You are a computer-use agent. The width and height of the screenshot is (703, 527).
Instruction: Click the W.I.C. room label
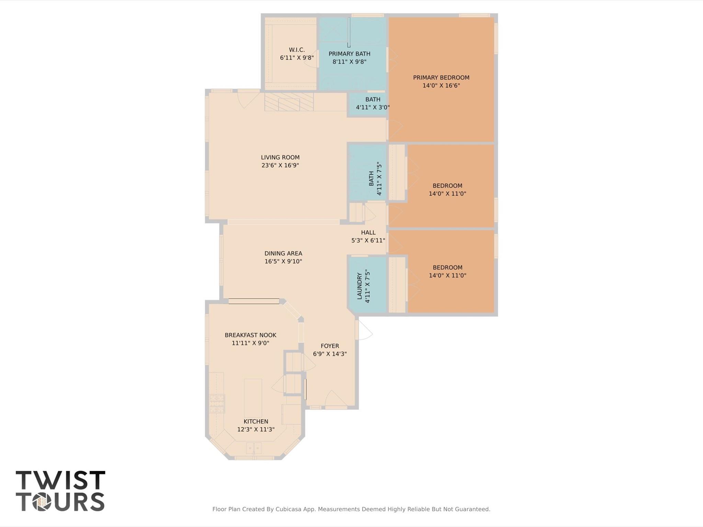click(297, 50)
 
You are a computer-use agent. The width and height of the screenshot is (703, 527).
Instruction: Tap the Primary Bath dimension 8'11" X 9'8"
click(349, 62)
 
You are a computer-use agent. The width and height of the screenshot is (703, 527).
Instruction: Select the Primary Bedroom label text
click(441, 78)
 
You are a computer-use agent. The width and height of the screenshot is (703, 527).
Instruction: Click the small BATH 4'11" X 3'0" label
click(373, 103)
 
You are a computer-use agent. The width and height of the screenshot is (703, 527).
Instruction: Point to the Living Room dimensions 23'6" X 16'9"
click(280, 165)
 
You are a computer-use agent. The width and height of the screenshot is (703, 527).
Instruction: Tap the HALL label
click(368, 232)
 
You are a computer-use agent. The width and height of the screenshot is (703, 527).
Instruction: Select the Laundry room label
click(360, 286)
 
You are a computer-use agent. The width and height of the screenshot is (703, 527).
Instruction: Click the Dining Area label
click(283, 253)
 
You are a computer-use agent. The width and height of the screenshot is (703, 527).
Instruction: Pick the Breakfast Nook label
click(250, 335)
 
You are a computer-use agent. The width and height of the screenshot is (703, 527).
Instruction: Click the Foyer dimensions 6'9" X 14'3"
click(330, 354)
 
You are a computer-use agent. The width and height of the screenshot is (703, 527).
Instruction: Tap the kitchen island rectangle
click(253, 398)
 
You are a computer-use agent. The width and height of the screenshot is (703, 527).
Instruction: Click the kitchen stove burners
click(217, 403)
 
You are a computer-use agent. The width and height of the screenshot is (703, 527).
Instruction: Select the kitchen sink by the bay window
click(254, 448)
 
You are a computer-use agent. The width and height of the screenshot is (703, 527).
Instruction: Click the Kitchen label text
click(256, 422)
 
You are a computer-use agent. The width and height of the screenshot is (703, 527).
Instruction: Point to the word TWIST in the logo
click(60, 480)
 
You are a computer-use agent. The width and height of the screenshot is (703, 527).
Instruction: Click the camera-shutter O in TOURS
click(42, 502)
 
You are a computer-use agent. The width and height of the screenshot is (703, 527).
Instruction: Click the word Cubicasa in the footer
click(289, 509)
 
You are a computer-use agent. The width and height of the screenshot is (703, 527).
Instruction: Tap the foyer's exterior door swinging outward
click(363, 330)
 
